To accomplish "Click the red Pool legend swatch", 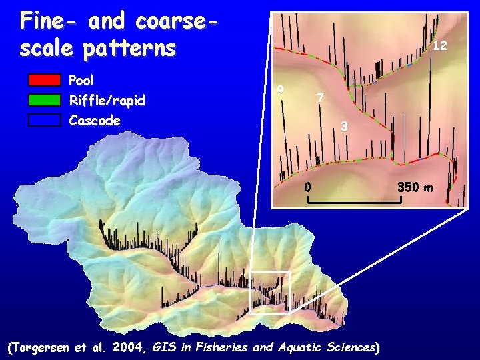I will tap(44, 81).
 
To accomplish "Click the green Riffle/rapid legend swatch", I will tap(44, 101).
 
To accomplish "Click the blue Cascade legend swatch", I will tap(44, 121).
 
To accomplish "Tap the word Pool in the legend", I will tap(81, 81).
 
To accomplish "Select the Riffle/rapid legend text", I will tap(107, 101).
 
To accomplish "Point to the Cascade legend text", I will tap(95, 121).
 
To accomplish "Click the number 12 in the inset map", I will tap(440, 46).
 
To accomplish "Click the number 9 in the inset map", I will tap(281, 90).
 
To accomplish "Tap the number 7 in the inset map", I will tap(321, 98).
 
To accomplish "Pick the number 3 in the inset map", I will tap(343, 126).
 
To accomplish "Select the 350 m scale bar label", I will tap(415, 187).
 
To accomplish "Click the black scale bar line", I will tap(354, 202).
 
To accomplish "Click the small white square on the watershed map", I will tap(270, 292).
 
